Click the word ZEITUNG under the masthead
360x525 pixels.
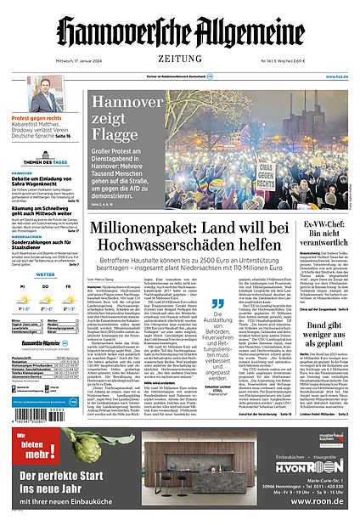180,59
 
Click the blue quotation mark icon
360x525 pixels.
217,303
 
